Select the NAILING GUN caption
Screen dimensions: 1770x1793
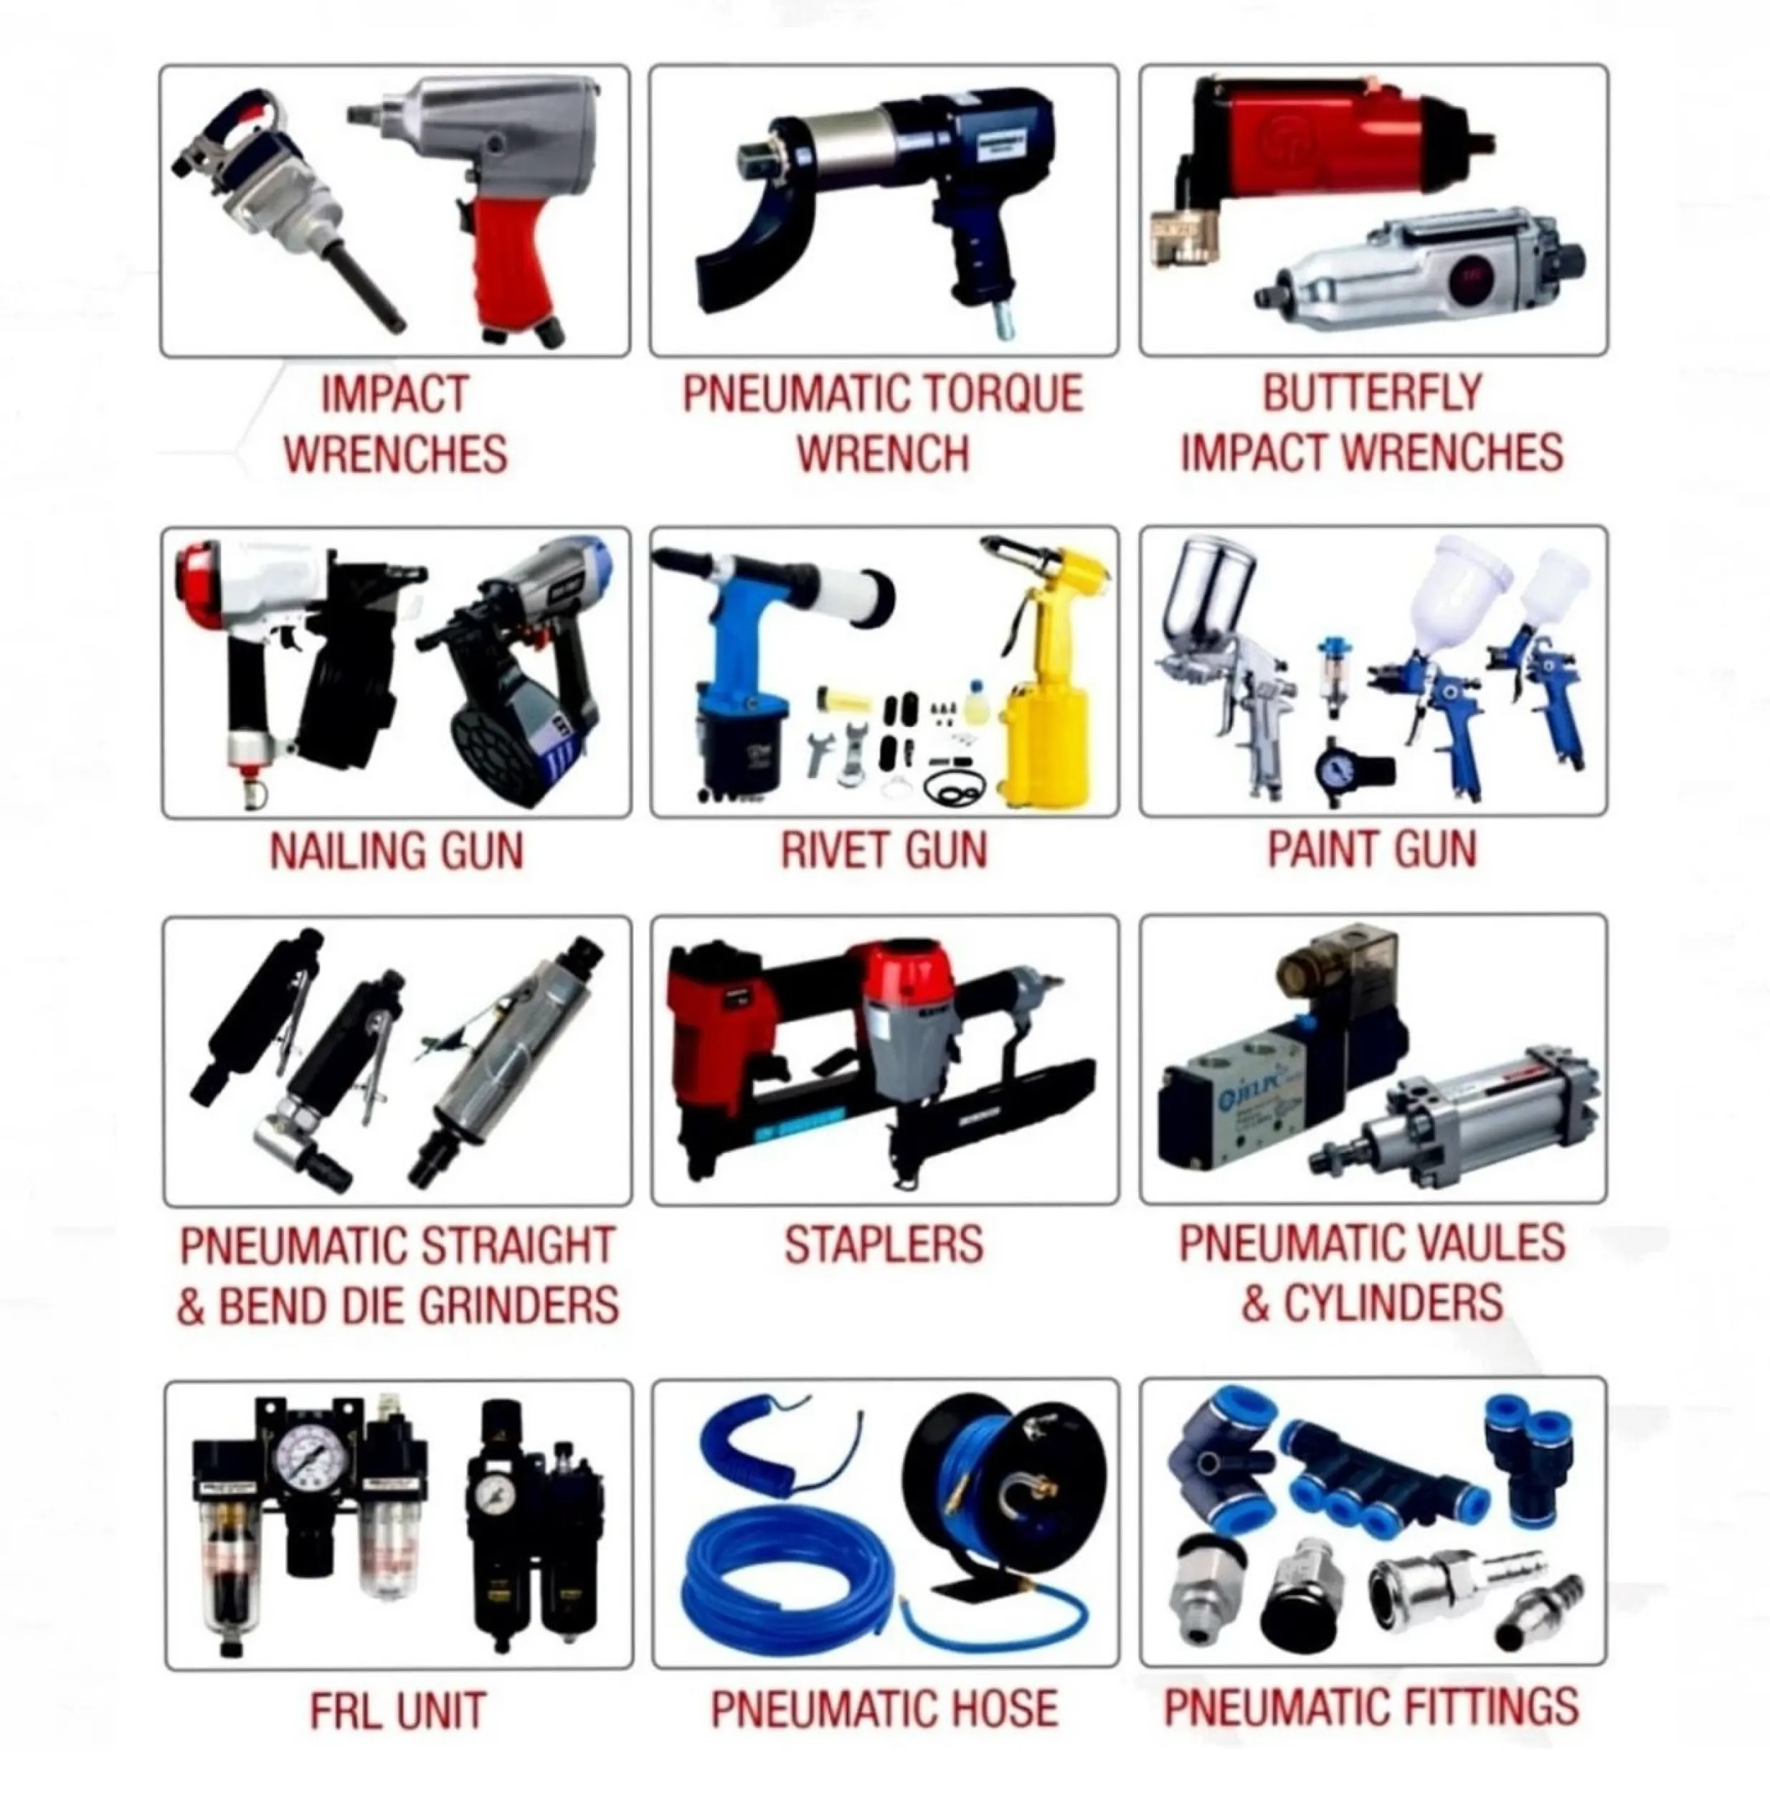click(x=397, y=851)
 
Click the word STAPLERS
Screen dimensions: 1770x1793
click(x=883, y=1244)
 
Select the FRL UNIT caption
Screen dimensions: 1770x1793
click(x=398, y=1711)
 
